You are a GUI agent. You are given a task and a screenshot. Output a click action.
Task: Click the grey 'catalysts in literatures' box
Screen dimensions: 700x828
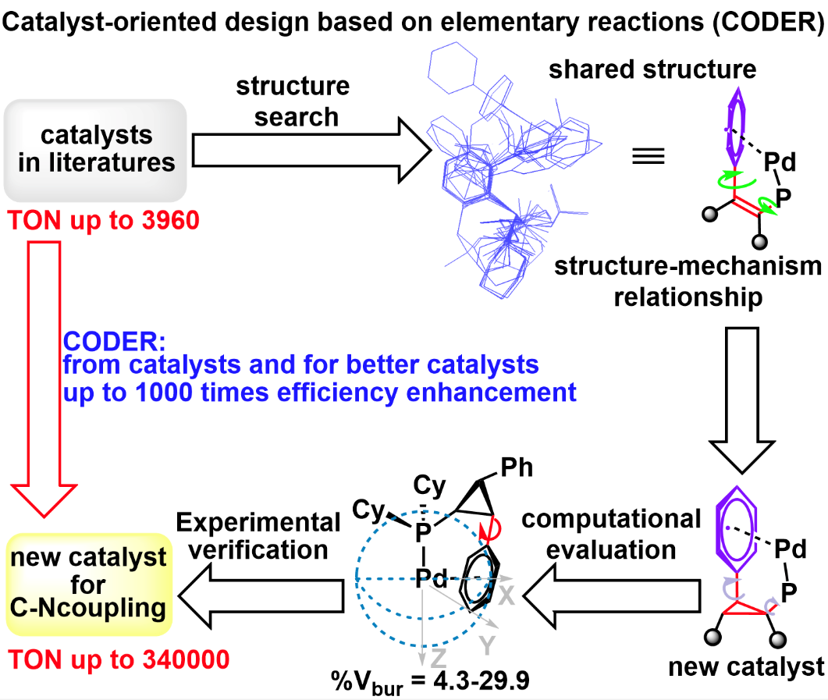95,150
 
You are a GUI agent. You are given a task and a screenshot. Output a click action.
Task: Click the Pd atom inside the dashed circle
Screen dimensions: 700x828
431,578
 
